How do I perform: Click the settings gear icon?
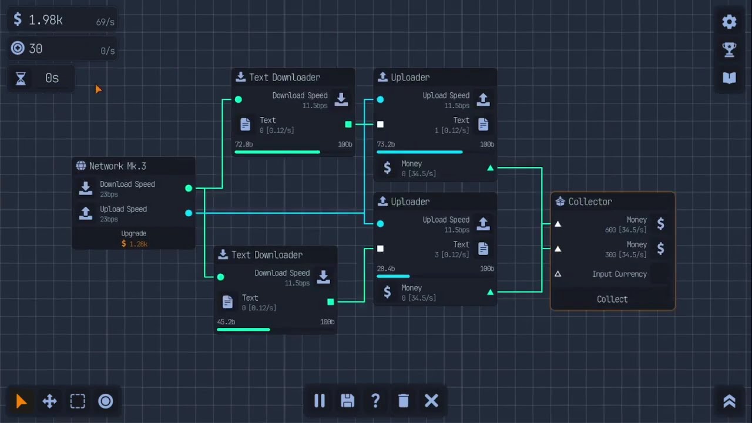[x=729, y=22]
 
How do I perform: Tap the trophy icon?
[x=729, y=50]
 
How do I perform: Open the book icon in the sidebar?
[x=729, y=78]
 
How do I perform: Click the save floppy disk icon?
[x=347, y=401]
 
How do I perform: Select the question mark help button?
[x=375, y=401]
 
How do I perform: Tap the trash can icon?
[x=403, y=401]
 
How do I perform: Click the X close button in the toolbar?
[x=431, y=401]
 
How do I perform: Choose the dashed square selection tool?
[x=78, y=401]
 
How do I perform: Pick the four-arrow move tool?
[x=50, y=401]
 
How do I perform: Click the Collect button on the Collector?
[x=612, y=299]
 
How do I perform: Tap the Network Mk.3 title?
[x=117, y=166]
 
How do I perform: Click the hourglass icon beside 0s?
[x=21, y=79]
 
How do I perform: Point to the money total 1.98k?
[x=46, y=20]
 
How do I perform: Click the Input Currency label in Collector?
[x=619, y=274]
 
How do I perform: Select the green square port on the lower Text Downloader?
[x=330, y=302]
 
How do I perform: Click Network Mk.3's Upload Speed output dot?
[x=189, y=213]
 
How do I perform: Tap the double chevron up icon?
[x=729, y=401]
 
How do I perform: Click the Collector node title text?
[x=590, y=202]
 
